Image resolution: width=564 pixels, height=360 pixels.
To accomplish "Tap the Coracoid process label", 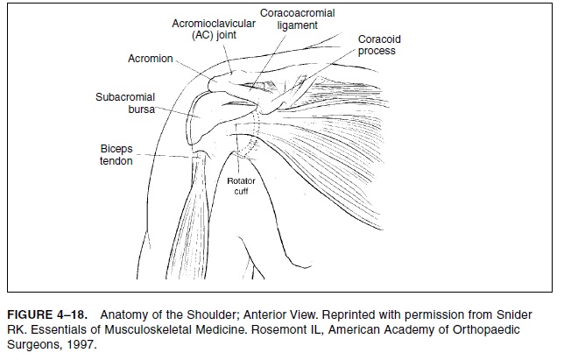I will (x=377, y=46).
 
